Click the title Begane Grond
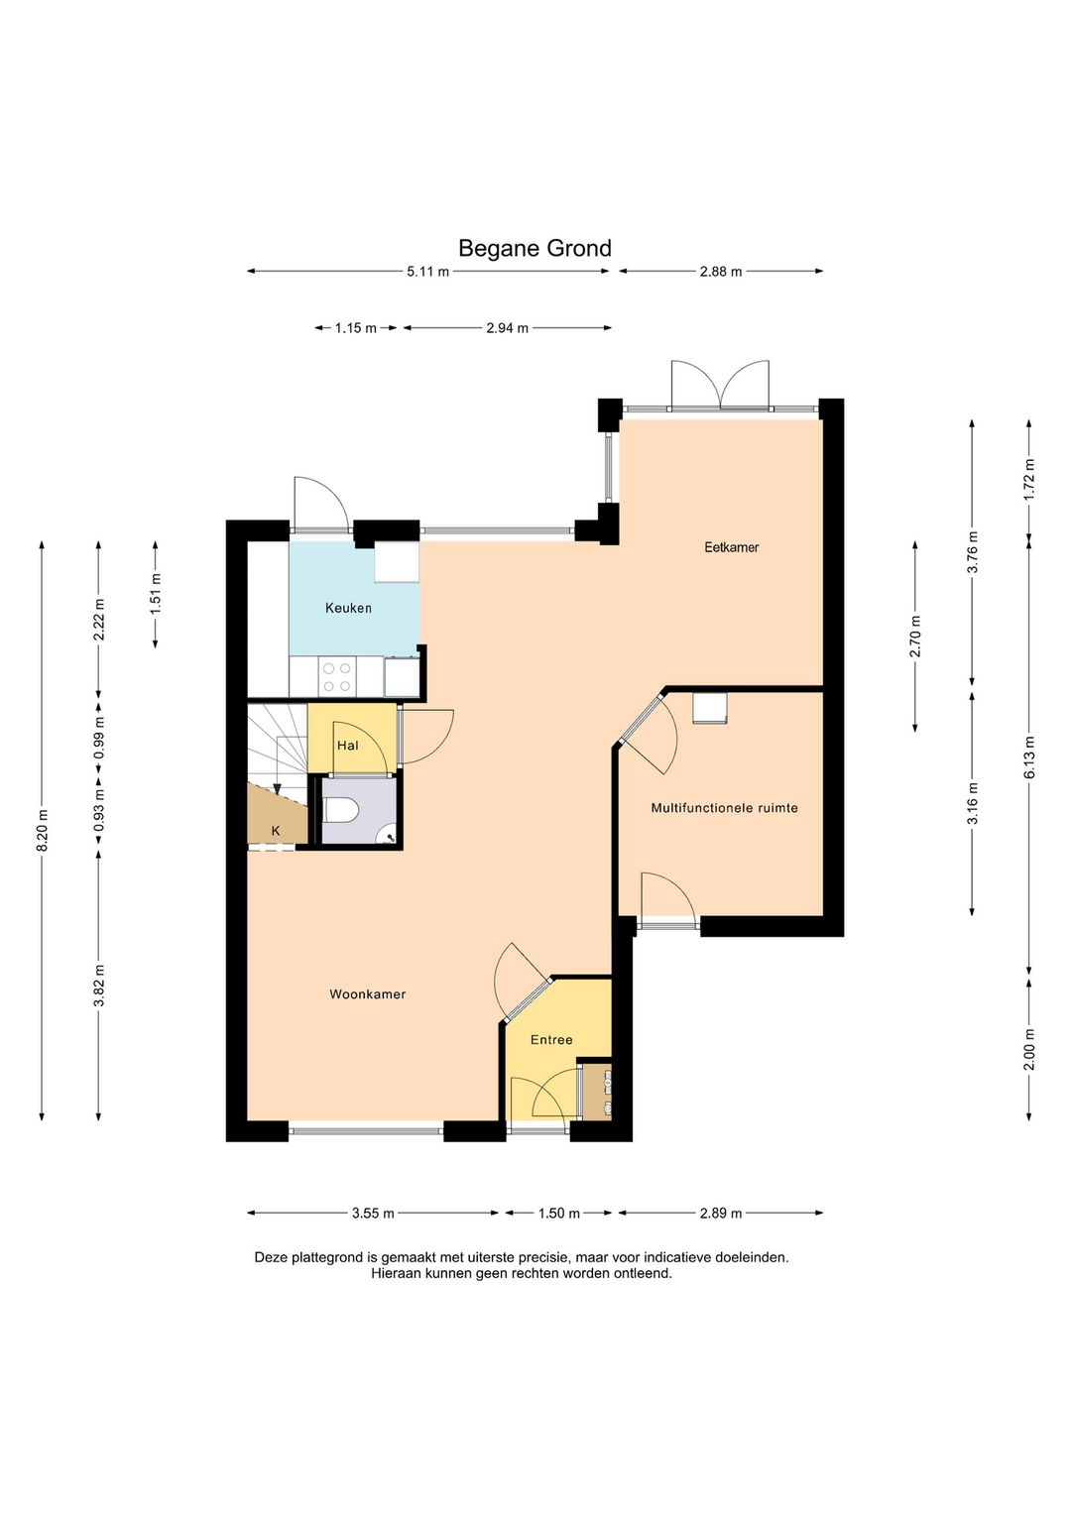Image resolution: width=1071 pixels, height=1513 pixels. click(535, 249)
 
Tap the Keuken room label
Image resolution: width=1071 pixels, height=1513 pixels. click(349, 608)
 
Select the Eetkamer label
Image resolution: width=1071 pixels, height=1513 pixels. click(731, 547)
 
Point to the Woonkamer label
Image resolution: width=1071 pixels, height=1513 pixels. click(368, 993)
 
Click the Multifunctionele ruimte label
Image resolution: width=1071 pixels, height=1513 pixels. click(724, 807)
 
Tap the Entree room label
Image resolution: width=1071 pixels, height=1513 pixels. click(551, 1039)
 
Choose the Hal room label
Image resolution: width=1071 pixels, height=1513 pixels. click(347, 746)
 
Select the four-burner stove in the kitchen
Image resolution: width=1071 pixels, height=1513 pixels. click(336, 677)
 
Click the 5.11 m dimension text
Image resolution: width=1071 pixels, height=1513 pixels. click(427, 272)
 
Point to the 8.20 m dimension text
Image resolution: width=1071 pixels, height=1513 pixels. click(42, 831)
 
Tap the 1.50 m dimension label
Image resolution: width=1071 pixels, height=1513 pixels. click(559, 1214)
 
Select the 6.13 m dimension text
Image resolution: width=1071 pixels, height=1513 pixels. click(1029, 756)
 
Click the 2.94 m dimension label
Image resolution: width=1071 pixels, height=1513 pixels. click(508, 328)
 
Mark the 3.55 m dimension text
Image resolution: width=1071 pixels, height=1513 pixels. click(373, 1214)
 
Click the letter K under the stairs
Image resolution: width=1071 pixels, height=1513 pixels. click(276, 831)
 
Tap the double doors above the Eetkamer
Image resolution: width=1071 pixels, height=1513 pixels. click(720, 386)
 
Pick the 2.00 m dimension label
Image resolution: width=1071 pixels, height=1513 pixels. click(1029, 1048)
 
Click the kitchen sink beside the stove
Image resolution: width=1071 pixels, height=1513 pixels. click(402, 676)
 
